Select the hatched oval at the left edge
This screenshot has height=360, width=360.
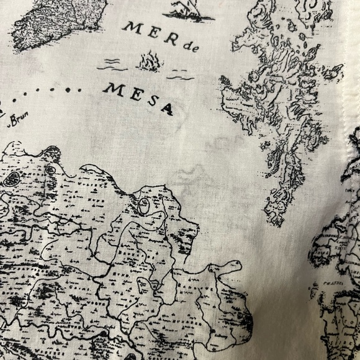tap(11, 180)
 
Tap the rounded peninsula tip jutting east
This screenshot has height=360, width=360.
tap(233, 267)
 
